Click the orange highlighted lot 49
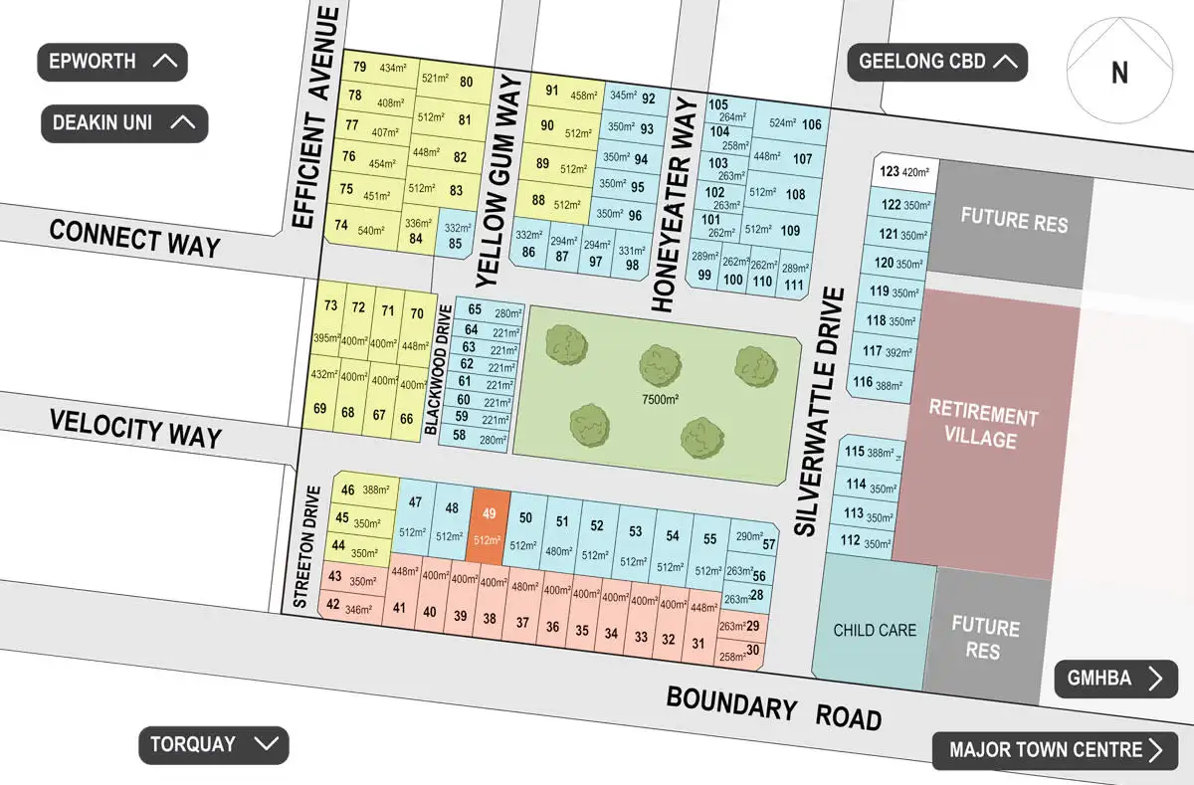(489, 527)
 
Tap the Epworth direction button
(112, 62)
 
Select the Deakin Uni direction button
(124, 123)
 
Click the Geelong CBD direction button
(937, 62)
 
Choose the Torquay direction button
(213, 744)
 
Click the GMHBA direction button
(1115, 679)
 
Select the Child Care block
(875, 630)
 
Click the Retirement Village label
(982, 428)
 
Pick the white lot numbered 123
(904, 171)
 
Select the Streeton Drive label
(306, 545)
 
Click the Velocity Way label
(135, 431)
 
